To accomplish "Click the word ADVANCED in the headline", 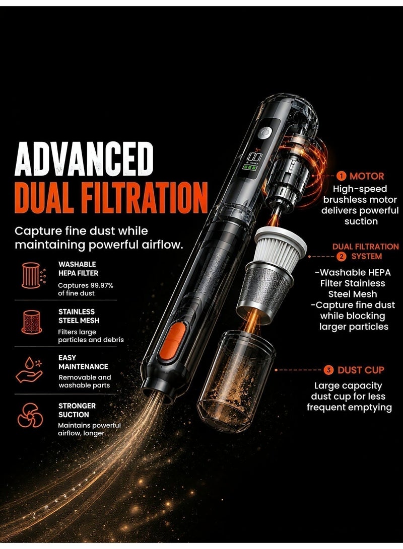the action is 84,160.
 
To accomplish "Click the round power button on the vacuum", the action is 265,133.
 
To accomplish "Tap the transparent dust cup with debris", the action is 237,379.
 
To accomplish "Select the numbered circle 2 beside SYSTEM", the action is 341,256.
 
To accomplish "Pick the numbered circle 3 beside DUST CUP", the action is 328,370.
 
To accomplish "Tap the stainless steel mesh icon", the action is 32,322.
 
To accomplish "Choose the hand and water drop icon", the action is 29,370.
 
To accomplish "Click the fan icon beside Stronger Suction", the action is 30,415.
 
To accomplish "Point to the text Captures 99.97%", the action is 86,285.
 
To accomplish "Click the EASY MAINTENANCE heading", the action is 83,362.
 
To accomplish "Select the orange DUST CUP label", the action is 361,370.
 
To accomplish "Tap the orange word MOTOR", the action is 367,176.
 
